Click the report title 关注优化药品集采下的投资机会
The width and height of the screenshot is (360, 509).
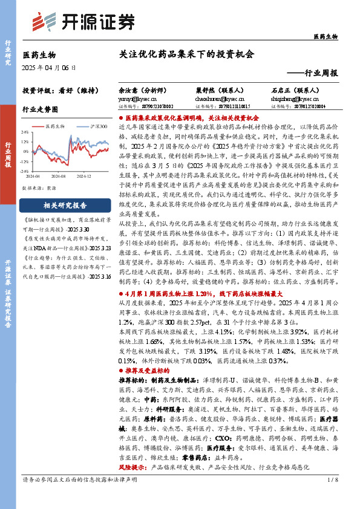coord(186,53)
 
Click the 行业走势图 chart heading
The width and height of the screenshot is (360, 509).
coord(40,109)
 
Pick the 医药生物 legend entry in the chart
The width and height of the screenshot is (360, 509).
coord(59,126)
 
